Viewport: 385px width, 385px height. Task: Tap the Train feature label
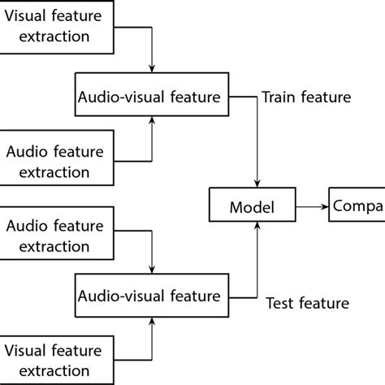pos(305,97)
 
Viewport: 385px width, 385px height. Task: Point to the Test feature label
pos(307,304)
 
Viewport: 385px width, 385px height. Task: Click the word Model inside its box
pos(253,208)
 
